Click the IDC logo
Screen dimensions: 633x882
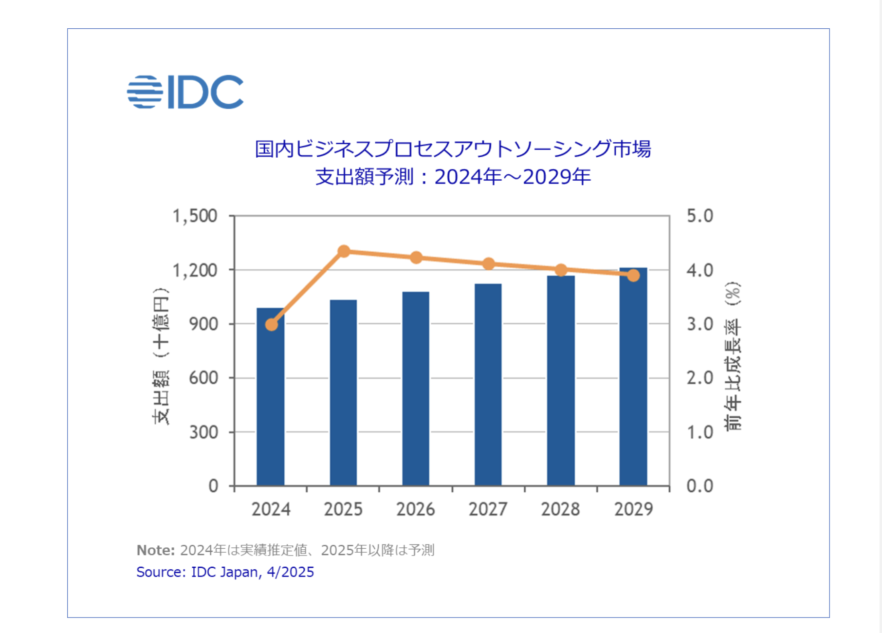pos(185,92)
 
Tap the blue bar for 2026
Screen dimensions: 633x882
pos(416,390)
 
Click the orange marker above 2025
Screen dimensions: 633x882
pos(344,252)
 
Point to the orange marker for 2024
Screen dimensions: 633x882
pos(272,324)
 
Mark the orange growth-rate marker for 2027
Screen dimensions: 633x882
pos(488,264)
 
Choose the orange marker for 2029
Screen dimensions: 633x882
pos(633,276)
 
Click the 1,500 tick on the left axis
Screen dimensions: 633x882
pos(195,216)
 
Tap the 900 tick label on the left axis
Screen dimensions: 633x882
pos(203,324)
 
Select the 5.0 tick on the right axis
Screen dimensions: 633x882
pos(699,216)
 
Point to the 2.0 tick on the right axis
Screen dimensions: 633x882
pos(699,378)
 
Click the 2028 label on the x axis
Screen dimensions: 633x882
pos(560,509)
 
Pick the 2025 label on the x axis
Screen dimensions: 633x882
pos(343,509)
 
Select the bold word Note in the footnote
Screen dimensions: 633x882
pos(155,550)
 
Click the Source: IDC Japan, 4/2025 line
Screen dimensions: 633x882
pos(225,572)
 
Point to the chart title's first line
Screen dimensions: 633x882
pos(453,149)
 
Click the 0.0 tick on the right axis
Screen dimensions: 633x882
pos(699,486)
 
